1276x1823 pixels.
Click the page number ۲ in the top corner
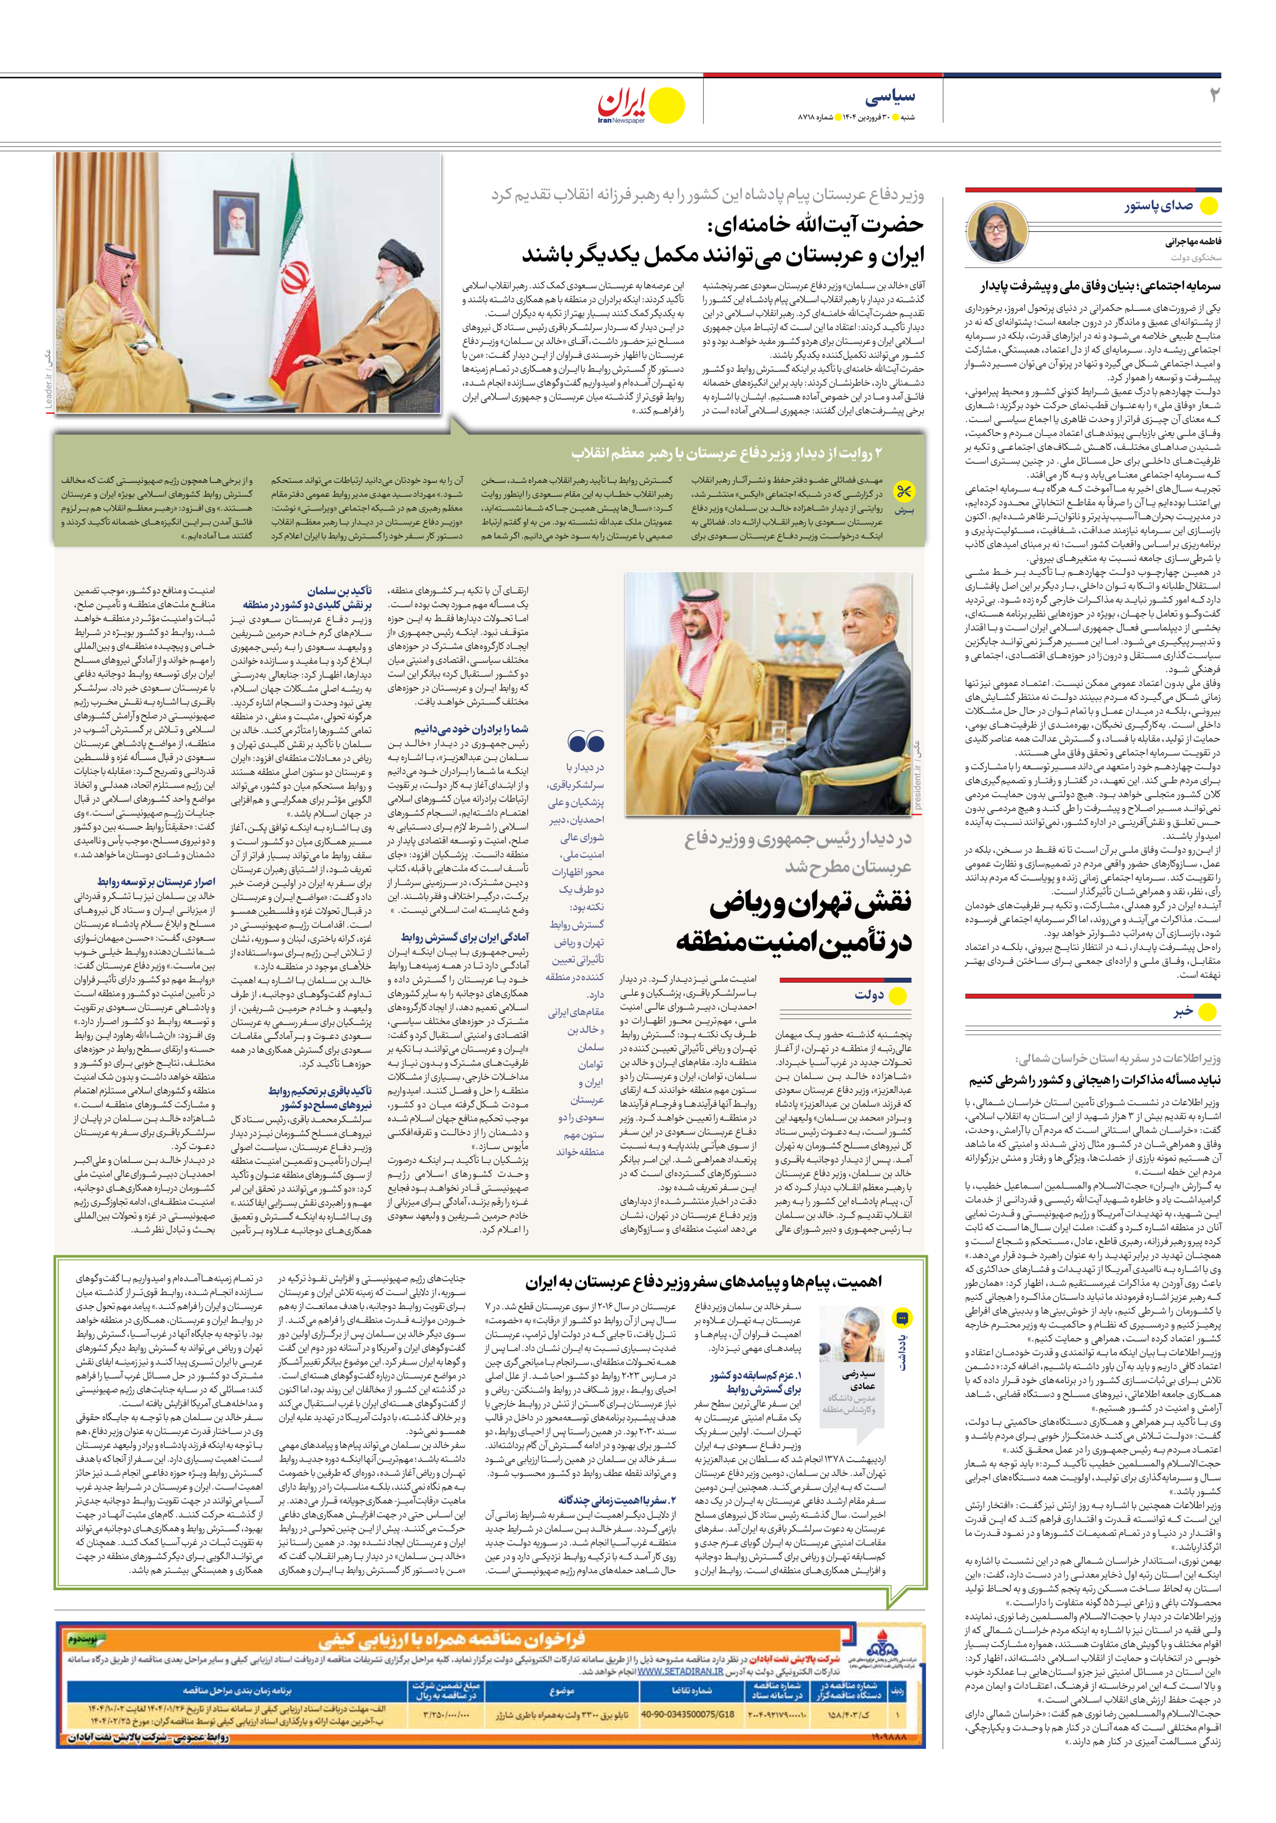pos(1213,96)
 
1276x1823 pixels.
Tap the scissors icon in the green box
pos(903,492)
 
